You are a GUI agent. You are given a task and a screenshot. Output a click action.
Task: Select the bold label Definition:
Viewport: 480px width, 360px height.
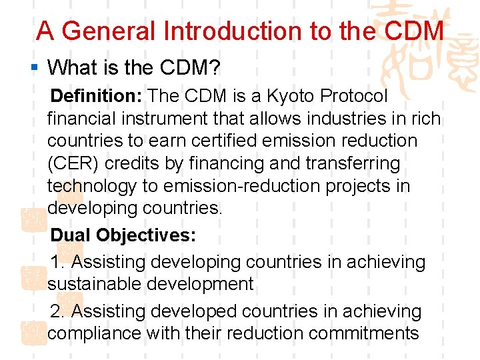click(96, 97)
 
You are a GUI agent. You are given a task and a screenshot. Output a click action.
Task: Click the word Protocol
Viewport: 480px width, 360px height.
click(353, 97)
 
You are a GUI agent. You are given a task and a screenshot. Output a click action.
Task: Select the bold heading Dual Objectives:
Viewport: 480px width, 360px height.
click(123, 236)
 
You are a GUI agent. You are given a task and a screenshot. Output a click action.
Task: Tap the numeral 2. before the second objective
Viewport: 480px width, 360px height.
click(59, 311)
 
